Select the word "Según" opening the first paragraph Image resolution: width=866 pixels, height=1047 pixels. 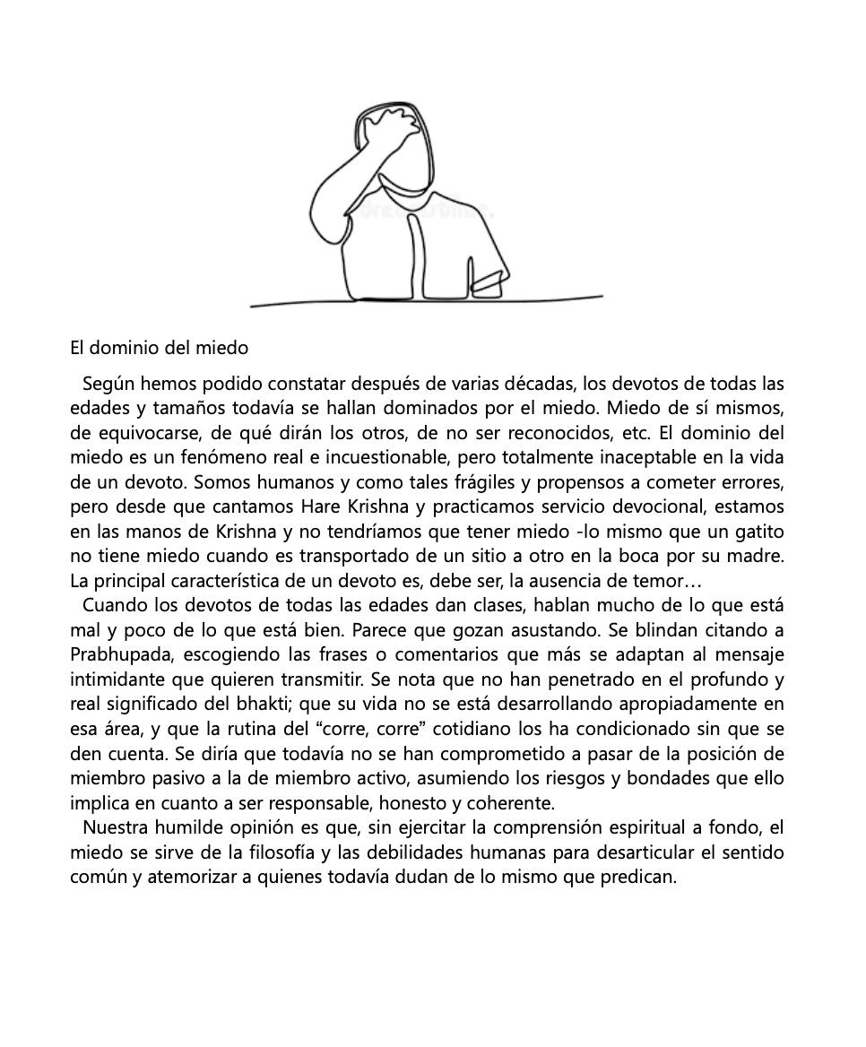click(x=108, y=385)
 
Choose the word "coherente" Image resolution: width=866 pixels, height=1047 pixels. click(x=513, y=802)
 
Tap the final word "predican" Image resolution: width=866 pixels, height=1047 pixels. click(x=637, y=876)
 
